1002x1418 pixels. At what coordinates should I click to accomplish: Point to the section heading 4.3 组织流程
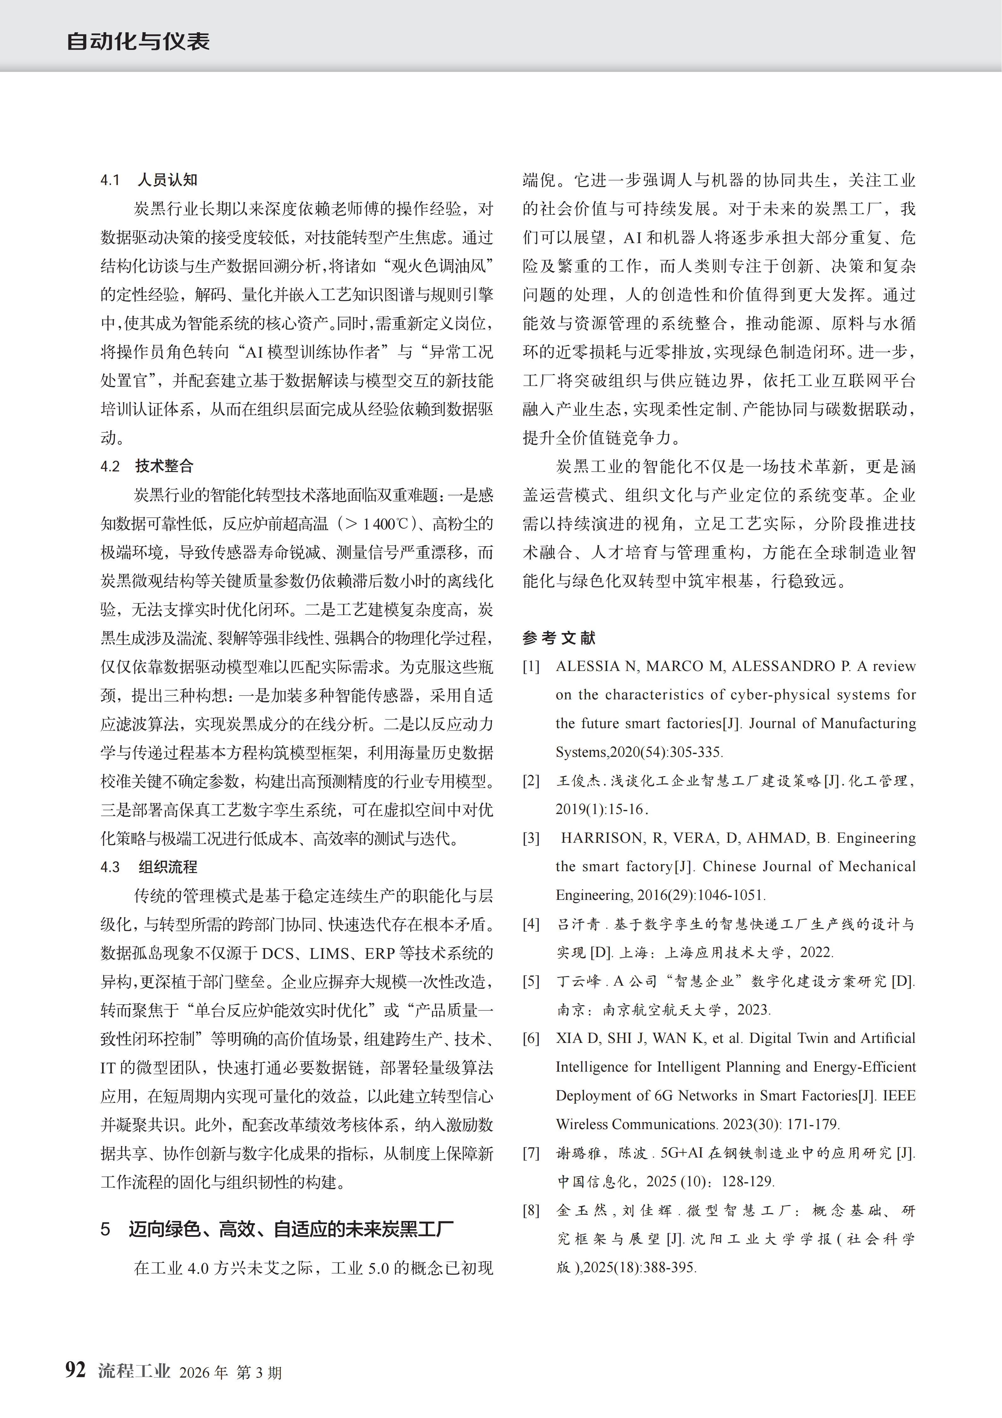149,866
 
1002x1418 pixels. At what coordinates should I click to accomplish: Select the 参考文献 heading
559,637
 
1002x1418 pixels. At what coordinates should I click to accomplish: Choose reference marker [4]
531,924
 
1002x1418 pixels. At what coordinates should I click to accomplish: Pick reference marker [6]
531,1038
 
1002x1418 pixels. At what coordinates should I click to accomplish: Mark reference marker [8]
531,1210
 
